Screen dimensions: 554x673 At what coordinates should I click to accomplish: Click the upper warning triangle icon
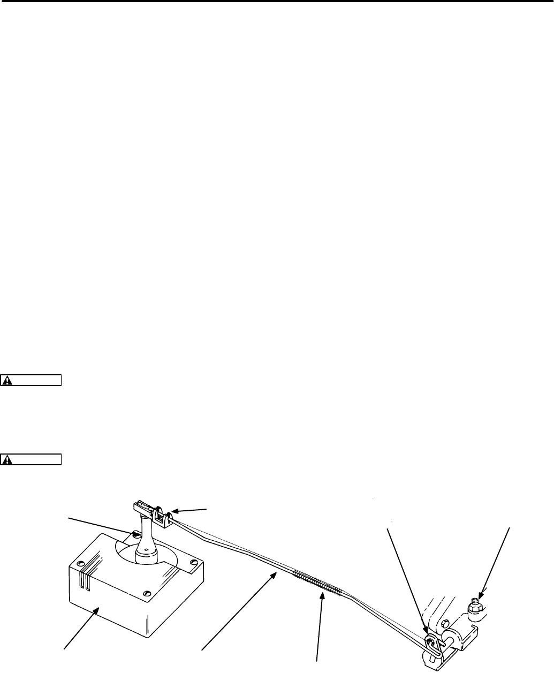tap(7, 381)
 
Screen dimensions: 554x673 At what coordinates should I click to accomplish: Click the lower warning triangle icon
tap(7, 459)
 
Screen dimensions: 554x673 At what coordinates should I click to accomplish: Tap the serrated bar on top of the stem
tap(142, 506)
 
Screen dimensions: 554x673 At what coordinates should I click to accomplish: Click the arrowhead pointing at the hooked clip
tap(425, 632)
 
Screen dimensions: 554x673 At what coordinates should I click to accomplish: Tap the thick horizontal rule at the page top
tap(277, 2)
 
